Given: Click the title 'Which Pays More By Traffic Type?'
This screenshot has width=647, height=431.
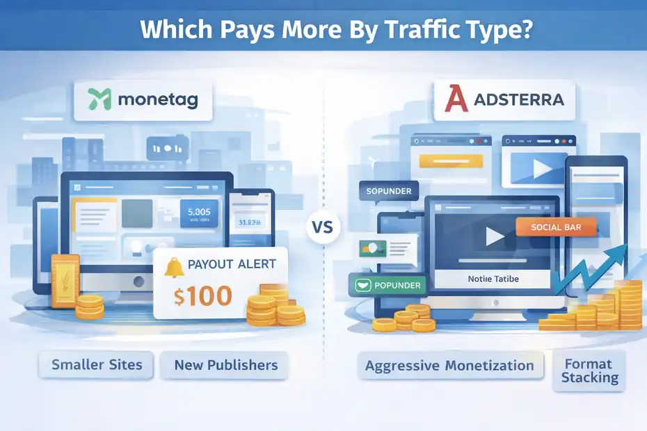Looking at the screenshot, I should coord(323,31).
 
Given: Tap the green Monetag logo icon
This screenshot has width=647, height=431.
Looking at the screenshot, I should coord(102,99).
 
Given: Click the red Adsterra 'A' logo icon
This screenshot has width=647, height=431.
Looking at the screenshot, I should coord(456,100).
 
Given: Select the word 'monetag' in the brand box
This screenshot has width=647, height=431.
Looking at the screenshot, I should coord(157,100).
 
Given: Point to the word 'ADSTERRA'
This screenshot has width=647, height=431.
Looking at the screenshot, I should coord(518,100).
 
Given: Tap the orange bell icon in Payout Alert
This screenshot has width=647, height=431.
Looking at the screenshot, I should coord(175,266).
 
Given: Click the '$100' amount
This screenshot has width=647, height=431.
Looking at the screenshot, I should coord(203,296).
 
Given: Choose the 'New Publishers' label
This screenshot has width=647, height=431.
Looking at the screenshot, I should coord(225,365).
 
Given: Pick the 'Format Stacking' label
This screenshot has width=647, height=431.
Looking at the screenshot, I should coord(589,371).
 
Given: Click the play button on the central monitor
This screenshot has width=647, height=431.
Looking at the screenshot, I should coord(495,237).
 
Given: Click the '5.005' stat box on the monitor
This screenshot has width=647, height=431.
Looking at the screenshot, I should coord(199,214).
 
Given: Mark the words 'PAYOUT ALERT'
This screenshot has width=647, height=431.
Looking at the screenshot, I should coord(232,264).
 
